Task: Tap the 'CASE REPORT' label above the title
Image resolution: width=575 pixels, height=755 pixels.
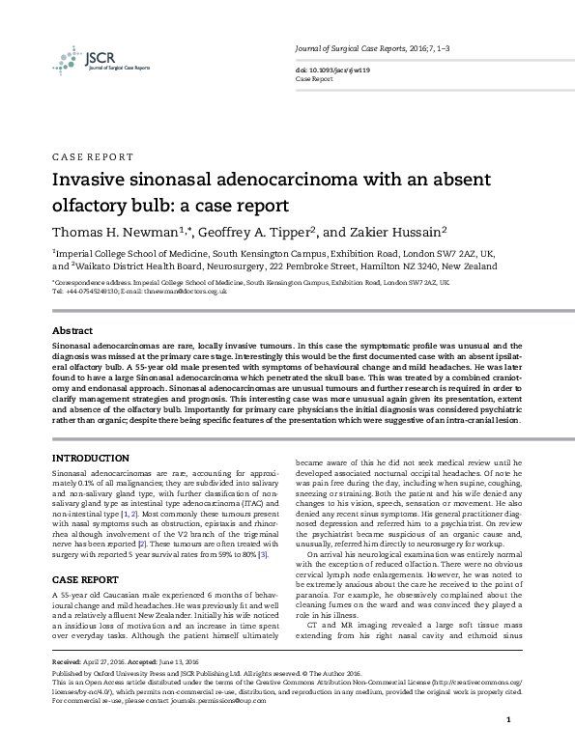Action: (92, 156)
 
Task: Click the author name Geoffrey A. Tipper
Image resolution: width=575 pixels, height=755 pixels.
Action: (282, 232)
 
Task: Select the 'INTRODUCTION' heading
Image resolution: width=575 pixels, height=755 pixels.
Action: (90, 457)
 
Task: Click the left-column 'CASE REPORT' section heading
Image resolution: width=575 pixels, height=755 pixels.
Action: (85, 578)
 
